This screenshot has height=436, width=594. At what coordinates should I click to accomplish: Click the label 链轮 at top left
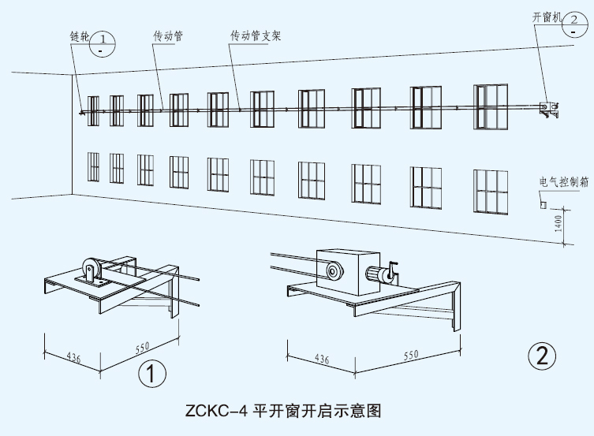coord(80,36)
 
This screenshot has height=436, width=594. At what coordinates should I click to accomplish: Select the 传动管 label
coord(168,35)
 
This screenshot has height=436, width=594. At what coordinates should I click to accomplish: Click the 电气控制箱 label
coord(563,181)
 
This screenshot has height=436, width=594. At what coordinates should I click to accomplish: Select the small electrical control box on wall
coord(543,204)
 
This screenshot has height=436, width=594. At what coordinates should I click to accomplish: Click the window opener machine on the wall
coord(547,109)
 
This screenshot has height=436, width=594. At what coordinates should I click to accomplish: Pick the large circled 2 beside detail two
coord(541,356)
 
